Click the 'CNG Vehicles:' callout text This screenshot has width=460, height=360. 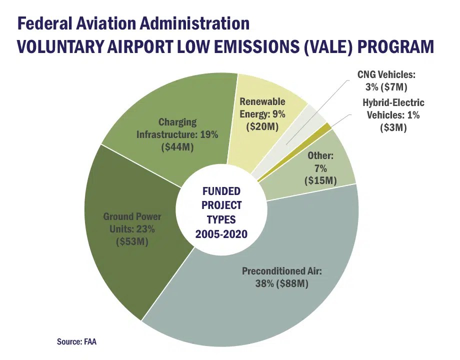(386, 74)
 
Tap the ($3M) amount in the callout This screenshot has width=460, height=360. (393, 127)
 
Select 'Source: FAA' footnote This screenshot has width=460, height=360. (80, 342)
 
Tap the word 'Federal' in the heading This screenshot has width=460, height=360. (48, 23)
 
